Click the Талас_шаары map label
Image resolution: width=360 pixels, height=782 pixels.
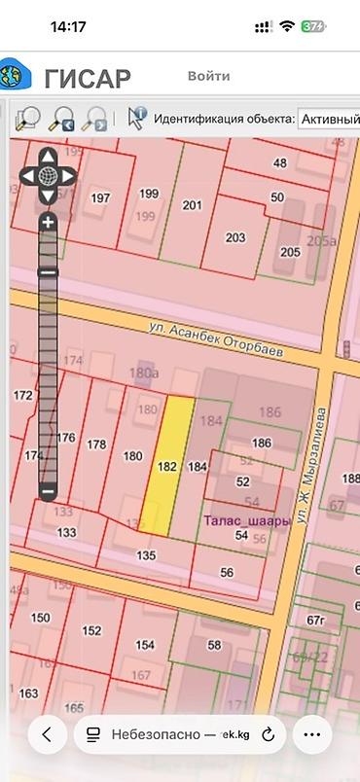[x=247, y=520]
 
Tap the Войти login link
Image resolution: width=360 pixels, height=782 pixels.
[x=208, y=76]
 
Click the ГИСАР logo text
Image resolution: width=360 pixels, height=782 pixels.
[x=87, y=78]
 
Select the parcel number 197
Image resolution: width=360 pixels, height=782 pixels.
[x=100, y=197]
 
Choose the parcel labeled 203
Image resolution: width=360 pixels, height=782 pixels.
[x=234, y=236]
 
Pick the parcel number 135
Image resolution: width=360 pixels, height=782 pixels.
[x=146, y=555]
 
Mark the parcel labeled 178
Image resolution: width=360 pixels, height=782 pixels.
[x=96, y=444]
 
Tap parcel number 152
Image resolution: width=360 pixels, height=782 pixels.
[x=91, y=630]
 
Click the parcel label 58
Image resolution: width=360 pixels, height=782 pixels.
[x=214, y=644]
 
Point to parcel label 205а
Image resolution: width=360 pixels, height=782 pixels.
[x=320, y=241]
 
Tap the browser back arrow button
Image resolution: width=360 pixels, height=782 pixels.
[x=48, y=734]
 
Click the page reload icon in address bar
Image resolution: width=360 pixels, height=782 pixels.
[x=268, y=734]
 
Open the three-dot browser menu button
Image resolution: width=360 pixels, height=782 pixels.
[x=311, y=734]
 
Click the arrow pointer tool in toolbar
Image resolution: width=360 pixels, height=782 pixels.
[x=135, y=119]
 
